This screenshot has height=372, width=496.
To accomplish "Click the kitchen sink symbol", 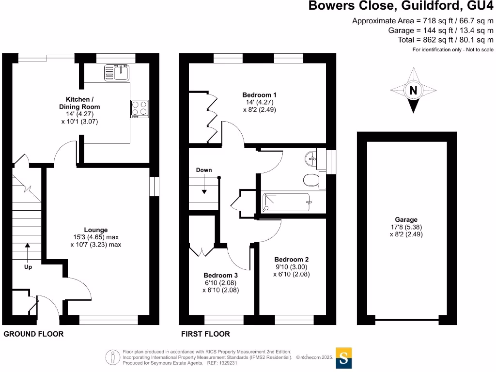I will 116,73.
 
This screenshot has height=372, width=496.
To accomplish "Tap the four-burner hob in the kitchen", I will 139,108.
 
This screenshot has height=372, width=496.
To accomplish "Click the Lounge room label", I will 95,230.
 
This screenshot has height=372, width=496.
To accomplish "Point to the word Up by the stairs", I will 28,266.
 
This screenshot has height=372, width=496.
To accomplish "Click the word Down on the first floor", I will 204,170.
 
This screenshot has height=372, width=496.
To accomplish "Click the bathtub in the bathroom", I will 285,203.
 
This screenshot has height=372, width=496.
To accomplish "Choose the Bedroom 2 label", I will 291,259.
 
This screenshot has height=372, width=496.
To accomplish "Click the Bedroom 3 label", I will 220,275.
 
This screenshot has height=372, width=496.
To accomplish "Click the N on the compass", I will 413,90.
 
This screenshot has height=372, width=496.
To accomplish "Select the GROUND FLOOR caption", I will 33,334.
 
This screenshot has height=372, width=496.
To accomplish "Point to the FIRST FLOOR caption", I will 205,334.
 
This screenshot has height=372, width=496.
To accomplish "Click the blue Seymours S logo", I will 343,358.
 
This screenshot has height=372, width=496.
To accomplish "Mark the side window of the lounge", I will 154,186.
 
